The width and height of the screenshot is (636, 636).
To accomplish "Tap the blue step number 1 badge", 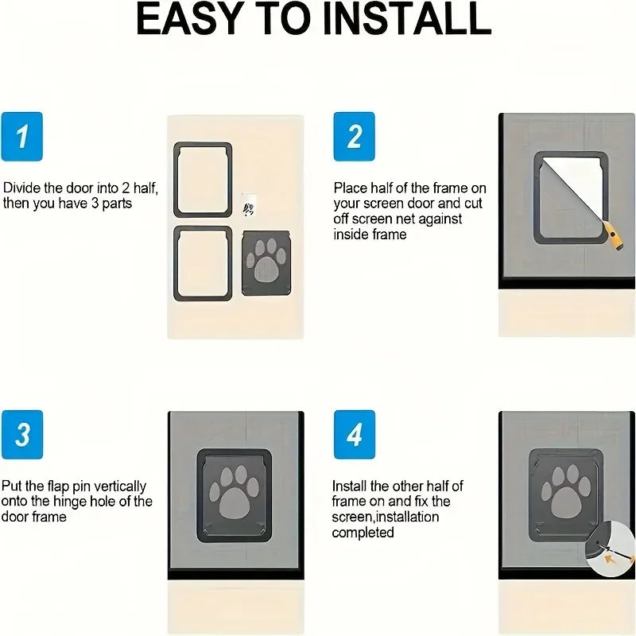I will (22, 136).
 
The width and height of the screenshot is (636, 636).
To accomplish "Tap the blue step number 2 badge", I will (354, 136).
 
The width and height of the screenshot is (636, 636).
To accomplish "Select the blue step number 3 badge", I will (22, 435).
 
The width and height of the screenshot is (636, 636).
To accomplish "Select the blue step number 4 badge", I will (354, 435).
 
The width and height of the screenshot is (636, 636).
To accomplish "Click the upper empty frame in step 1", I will (203, 180).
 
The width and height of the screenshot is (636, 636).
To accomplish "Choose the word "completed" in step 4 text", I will (363, 532).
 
